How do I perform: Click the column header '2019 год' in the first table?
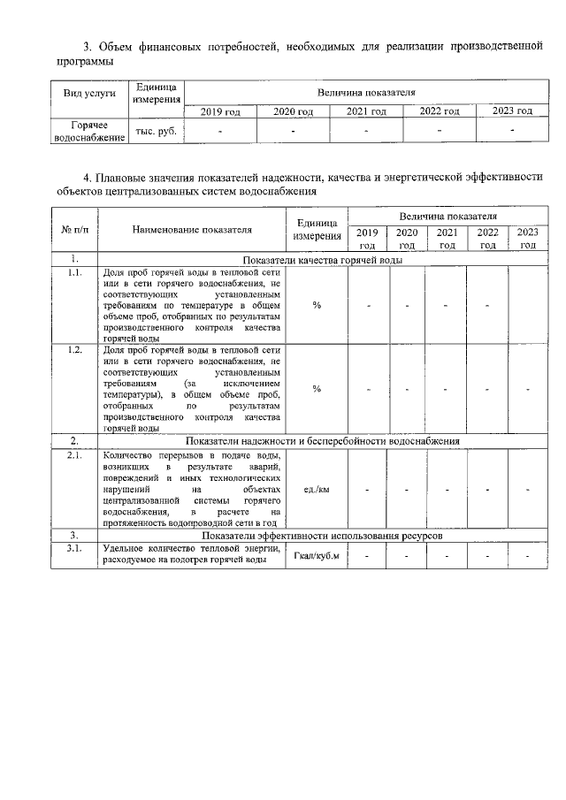coord(220,111)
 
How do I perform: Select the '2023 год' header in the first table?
coord(512,111)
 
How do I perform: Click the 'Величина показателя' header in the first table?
coord(367,92)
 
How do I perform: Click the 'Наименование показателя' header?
coord(192,230)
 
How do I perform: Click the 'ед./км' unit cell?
coord(316,488)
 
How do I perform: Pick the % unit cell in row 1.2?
coord(316,389)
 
